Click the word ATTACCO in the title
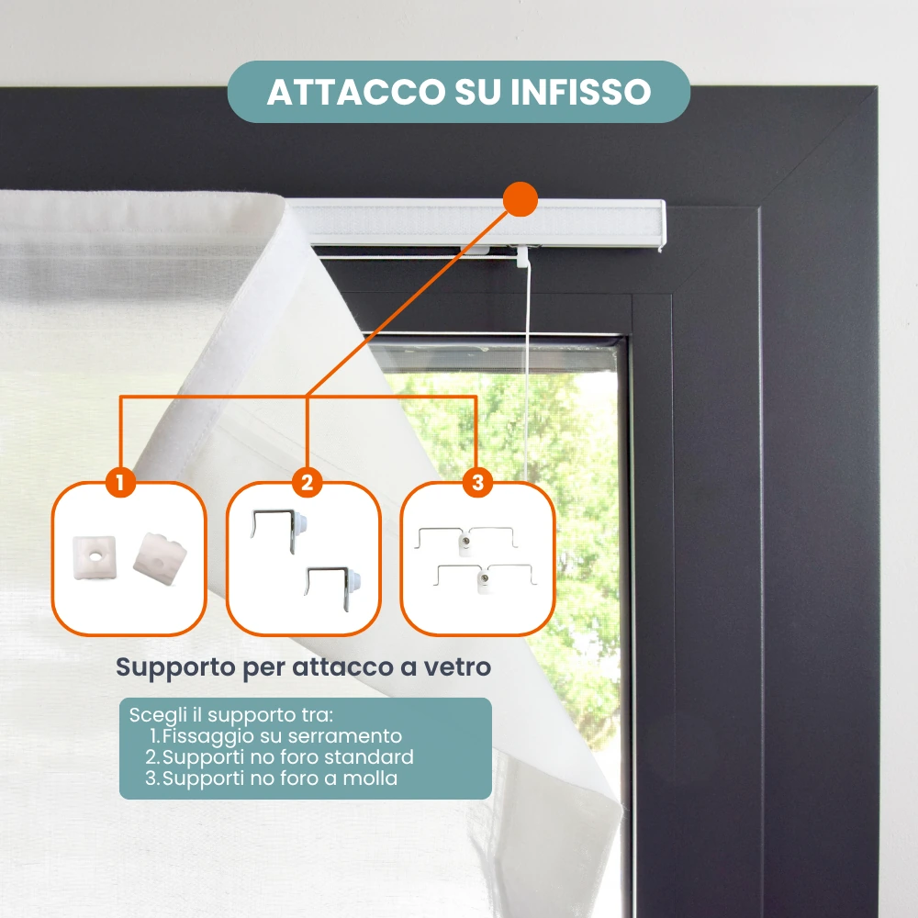(x=356, y=92)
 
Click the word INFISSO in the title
(x=580, y=92)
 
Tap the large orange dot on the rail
(x=520, y=199)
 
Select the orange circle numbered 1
(x=120, y=483)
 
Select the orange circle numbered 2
(x=307, y=483)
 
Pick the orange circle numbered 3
(x=477, y=483)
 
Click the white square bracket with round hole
(x=95, y=557)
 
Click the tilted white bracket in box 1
(x=159, y=559)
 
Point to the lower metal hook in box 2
(x=332, y=586)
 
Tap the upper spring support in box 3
(x=465, y=540)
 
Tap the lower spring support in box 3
(x=484, y=577)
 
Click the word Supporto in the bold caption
(x=175, y=667)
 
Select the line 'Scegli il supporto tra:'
(x=231, y=715)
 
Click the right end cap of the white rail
(x=662, y=226)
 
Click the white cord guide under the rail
(x=522, y=256)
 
